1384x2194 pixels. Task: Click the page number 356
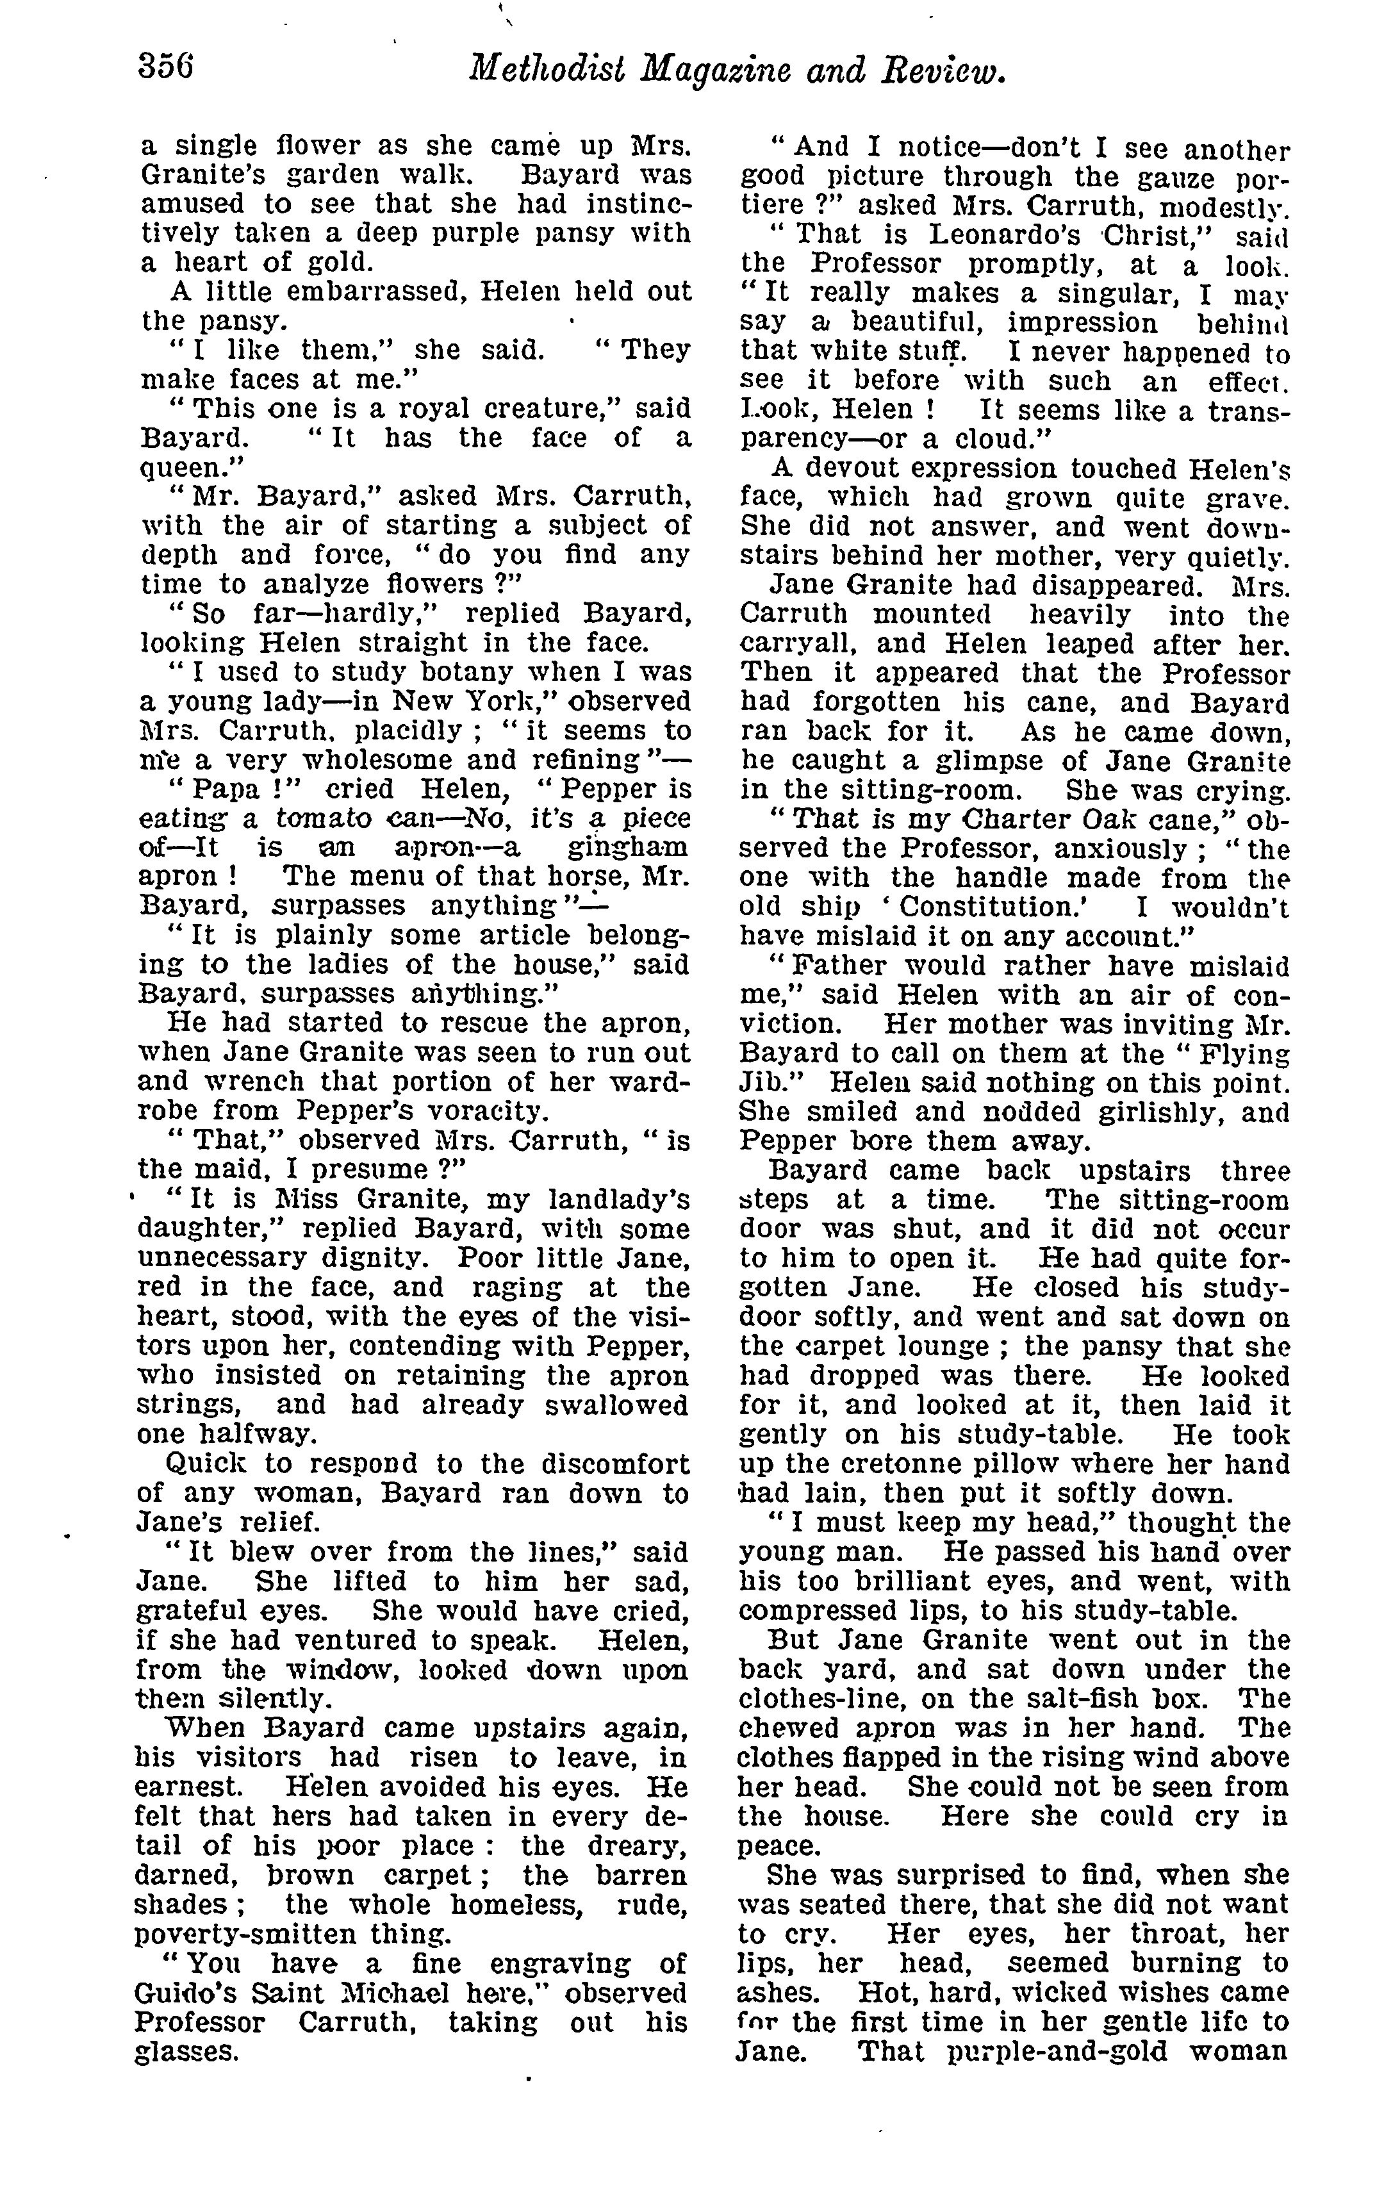click(167, 69)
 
